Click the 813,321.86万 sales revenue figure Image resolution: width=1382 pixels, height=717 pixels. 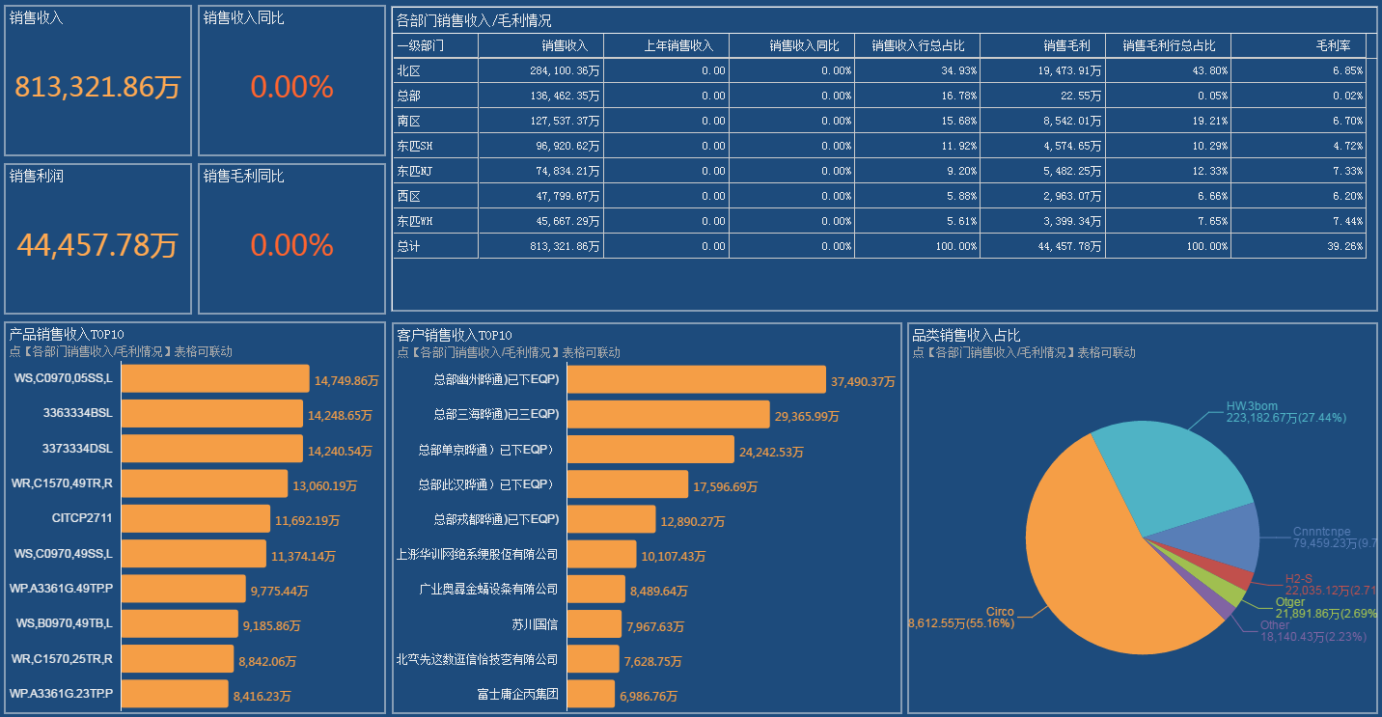[x=97, y=87]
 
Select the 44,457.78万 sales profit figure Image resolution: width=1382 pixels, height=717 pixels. [x=97, y=245]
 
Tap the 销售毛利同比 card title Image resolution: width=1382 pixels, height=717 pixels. [x=243, y=177]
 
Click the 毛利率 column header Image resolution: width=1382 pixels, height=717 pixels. [x=1333, y=45]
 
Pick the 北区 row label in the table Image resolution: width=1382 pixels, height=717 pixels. [x=408, y=70]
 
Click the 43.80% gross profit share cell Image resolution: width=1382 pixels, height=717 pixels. [x=1206, y=70]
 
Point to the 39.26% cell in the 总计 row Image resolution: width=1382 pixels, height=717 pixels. [x=1345, y=246]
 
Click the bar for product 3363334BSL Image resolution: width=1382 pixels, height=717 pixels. [x=211, y=414]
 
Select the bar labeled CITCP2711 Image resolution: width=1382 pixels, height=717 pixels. [x=195, y=518]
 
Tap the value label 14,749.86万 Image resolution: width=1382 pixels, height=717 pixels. [x=345, y=381]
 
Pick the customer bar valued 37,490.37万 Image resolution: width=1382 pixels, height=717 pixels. [x=696, y=379]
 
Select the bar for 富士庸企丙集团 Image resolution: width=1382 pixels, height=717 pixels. [x=590, y=694]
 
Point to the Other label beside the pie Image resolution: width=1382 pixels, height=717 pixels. [x=1274, y=625]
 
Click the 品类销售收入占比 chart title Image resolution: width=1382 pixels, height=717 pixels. [x=966, y=335]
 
